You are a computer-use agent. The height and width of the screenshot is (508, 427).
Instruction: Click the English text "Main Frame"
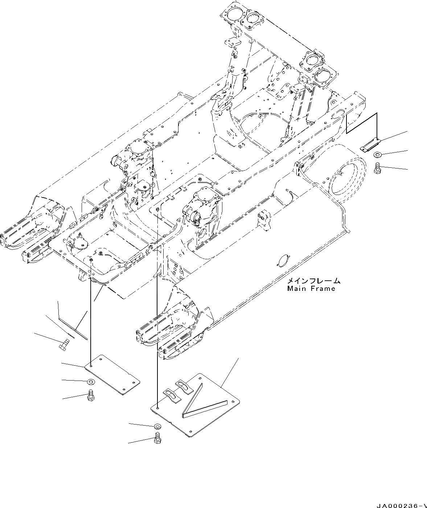(x=311, y=289)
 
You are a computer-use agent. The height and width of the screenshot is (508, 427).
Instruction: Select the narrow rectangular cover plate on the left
(x=112, y=374)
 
